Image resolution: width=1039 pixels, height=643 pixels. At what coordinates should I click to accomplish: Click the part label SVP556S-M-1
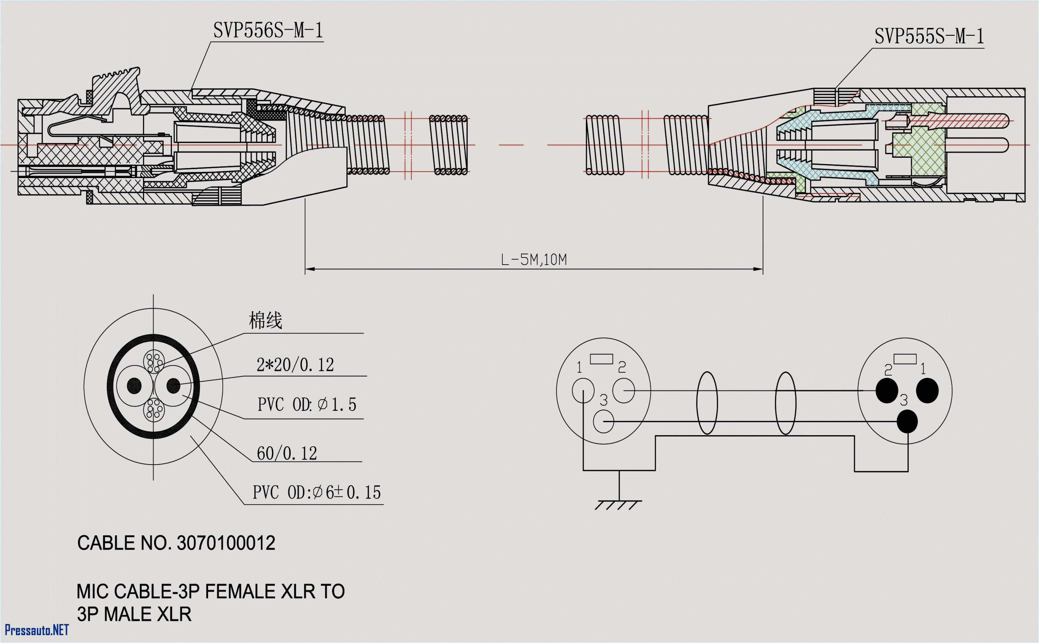[x=268, y=31]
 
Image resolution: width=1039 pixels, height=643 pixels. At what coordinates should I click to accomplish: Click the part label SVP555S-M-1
[x=929, y=37]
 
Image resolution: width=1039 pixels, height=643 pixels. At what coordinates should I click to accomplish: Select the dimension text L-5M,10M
[x=533, y=260]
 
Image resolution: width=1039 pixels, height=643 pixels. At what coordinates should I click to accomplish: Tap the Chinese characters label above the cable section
[x=265, y=321]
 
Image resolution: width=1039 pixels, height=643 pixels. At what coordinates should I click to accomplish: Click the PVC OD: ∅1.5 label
[x=306, y=405]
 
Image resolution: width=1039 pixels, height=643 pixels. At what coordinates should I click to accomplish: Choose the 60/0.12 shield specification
[x=287, y=454]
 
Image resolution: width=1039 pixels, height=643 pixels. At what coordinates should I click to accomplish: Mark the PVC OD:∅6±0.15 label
[x=317, y=493]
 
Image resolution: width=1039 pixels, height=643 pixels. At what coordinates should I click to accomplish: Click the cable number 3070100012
[x=226, y=544]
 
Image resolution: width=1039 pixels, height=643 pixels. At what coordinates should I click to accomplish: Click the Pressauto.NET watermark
[x=37, y=630]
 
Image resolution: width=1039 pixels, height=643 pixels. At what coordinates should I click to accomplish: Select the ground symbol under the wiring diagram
[x=619, y=504]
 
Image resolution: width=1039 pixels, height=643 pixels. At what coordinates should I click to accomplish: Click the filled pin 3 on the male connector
[x=907, y=421]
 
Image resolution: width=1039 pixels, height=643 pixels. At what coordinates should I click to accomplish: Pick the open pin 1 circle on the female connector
[x=583, y=390]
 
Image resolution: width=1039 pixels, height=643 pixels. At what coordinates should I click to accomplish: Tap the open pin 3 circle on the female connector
[x=603, y=421]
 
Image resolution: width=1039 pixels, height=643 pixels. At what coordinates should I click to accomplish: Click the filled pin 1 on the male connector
[x=927, y=390]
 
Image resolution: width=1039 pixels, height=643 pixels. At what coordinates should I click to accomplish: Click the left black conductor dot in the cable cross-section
[x=134, y=386]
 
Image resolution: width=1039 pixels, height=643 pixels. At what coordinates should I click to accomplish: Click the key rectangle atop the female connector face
[x=601, y=359]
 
